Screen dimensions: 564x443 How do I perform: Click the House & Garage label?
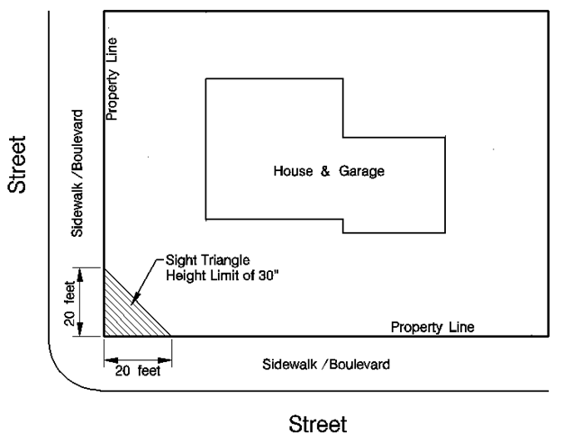(x=329, y=172)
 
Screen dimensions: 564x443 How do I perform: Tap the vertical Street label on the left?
(x=16, y=165)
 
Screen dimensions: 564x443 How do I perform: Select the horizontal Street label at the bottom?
(x=317, y=423)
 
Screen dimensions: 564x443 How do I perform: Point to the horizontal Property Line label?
(x=432, y=326)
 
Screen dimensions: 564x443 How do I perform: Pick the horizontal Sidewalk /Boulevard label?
(x=327, y=365)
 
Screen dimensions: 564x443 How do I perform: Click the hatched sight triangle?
(x=124, y=316)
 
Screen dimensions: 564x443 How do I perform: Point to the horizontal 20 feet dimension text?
(x=136, y=369)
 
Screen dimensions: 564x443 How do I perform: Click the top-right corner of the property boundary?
(x=548, y=11)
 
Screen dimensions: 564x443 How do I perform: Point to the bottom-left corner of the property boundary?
(x=105, y=336)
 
